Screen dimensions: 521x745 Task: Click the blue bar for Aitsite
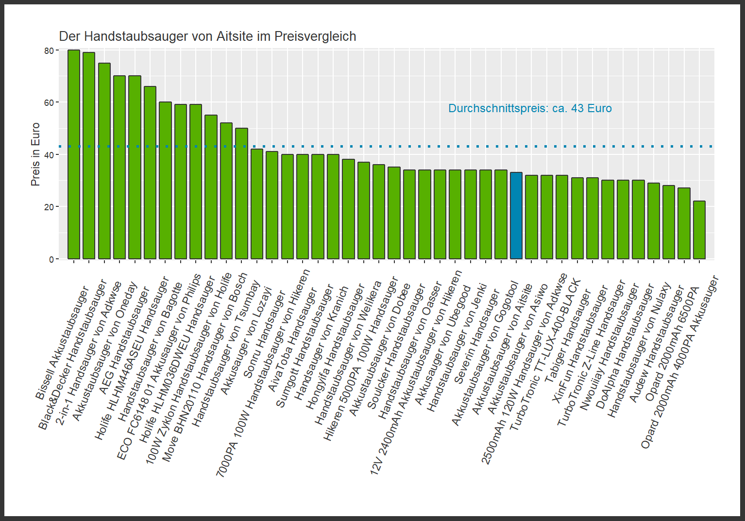pyautogui.click(x=516, y=216)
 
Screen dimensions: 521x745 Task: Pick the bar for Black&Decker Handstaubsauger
pyautogui.click(x=89, y=155)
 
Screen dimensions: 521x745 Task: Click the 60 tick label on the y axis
pyautogui.click(x=49, y=102)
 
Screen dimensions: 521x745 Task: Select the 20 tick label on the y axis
pyautogui.click(x=49, y=207)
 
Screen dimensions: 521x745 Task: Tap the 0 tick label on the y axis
pyautogui.click(x=51, y=259)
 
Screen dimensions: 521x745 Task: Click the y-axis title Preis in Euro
pyautogui.click(x=35, y=154)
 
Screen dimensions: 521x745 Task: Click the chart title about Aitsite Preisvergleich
pyautogui.click(x=207, y=36)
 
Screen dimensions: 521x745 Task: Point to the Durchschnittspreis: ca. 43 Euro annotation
pyautogui.click(x=529, y=108)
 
